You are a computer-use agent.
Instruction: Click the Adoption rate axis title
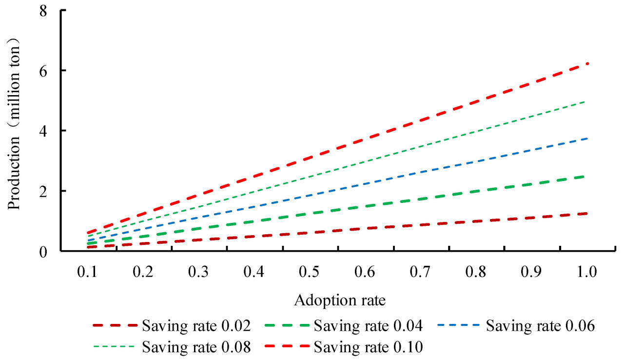pos(340,300)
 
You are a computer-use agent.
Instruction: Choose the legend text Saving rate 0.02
pos(196,325)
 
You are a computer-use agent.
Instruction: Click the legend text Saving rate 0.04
pos(368,325)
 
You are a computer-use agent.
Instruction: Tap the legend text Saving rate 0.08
pos(196,347)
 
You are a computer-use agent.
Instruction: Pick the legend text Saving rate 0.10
pos(368,347)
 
